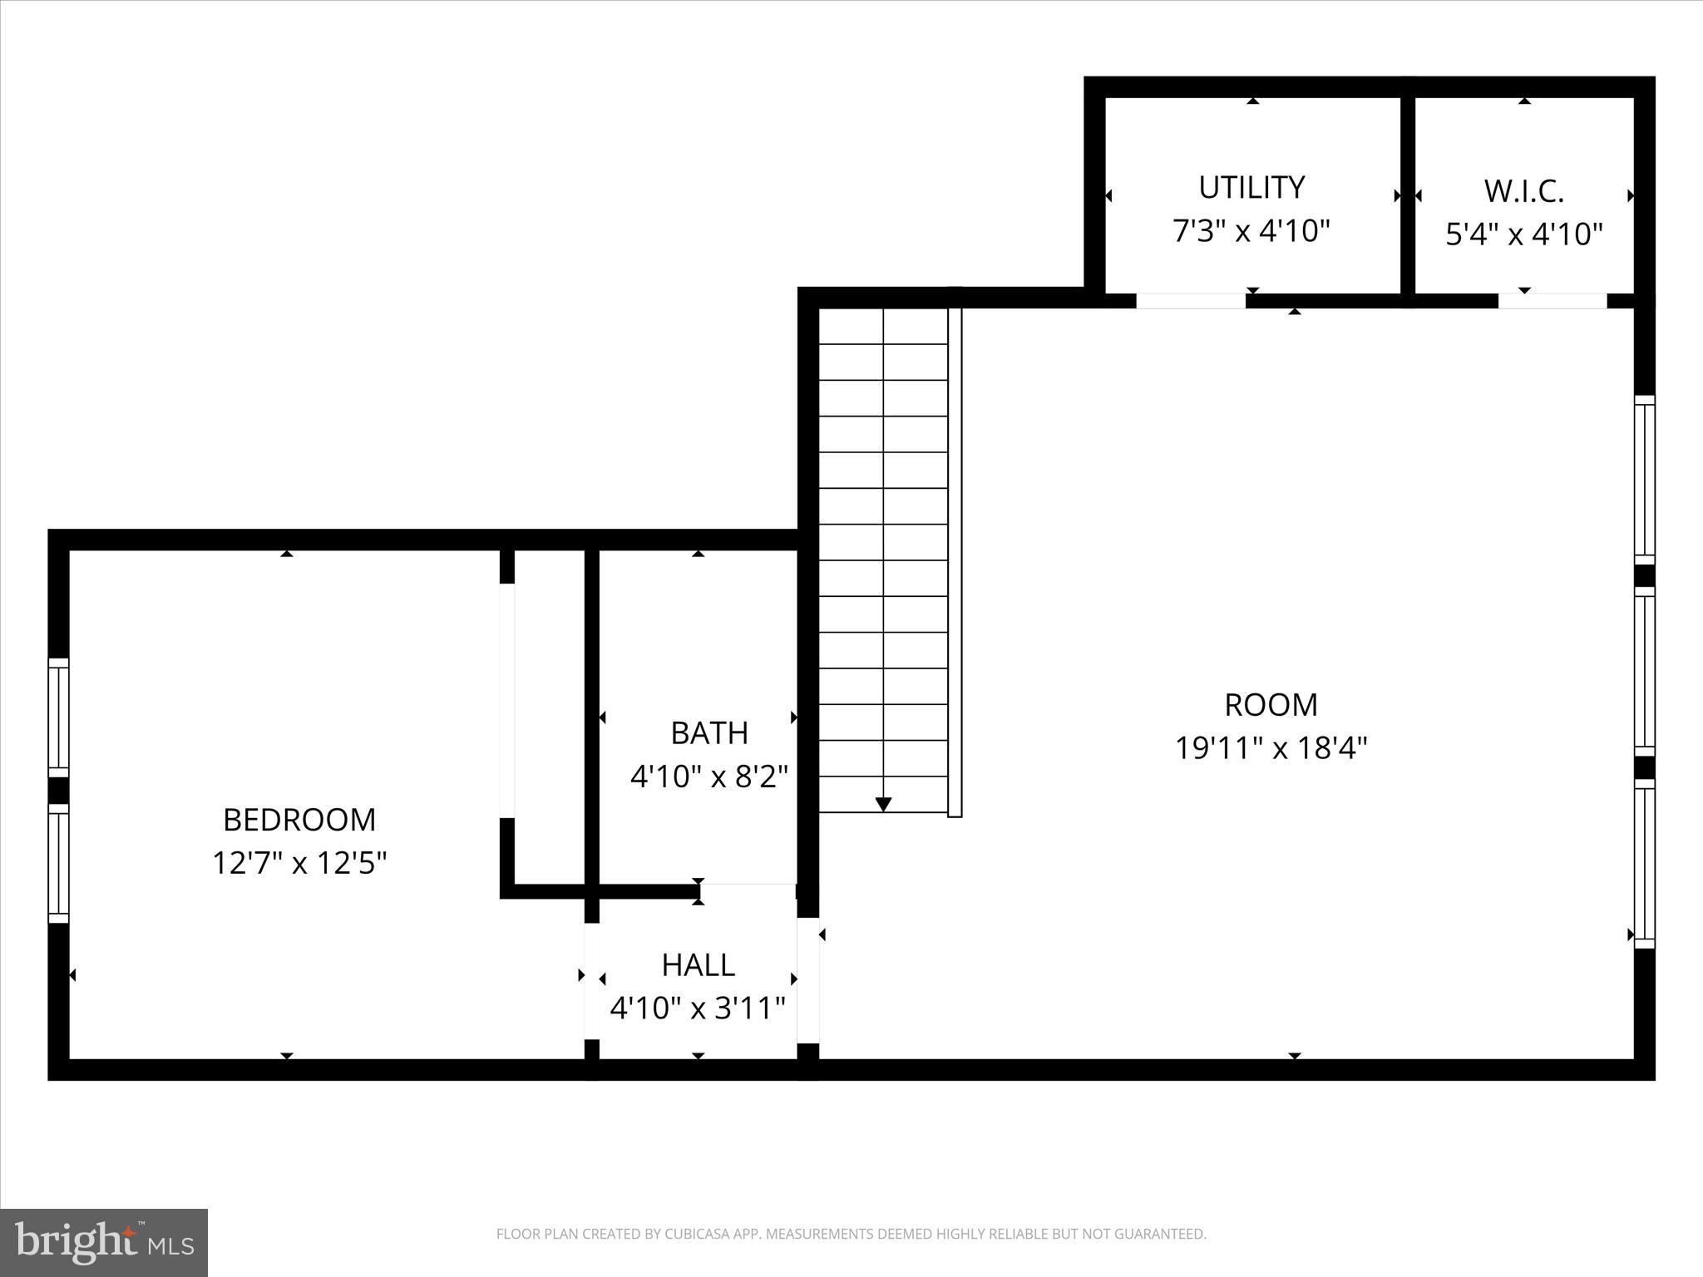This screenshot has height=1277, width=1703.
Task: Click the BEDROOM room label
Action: [299, 820]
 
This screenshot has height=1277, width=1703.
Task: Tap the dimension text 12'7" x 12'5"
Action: [299, 863]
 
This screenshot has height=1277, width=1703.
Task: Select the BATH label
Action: [709, 732]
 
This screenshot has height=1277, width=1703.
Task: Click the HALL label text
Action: [698, 964]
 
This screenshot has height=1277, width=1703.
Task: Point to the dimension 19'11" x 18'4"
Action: [1271, 748]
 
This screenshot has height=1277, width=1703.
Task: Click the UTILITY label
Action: [1251, 187]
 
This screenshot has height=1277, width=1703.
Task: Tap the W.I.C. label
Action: [1523, 191]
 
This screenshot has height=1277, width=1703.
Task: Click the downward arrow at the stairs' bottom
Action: [883, 804]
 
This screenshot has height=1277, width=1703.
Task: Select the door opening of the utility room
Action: [1190, 301]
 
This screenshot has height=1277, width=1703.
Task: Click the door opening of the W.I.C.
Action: [1552, 301]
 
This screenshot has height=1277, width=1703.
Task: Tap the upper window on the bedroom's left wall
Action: [58, 717]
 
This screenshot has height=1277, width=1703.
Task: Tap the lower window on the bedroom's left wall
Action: [58, 863]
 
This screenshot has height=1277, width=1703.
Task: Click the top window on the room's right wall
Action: [1644, 480]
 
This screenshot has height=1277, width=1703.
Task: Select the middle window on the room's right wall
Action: [1644, 672]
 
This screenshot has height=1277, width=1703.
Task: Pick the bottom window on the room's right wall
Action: [1644, 864]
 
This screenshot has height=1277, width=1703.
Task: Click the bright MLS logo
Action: [104, 1242]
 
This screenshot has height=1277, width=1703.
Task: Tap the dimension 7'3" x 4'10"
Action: [1251, 230]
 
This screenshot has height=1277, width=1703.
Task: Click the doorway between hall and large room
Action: [808, 979]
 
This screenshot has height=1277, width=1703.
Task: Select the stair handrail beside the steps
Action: [955, 562]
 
